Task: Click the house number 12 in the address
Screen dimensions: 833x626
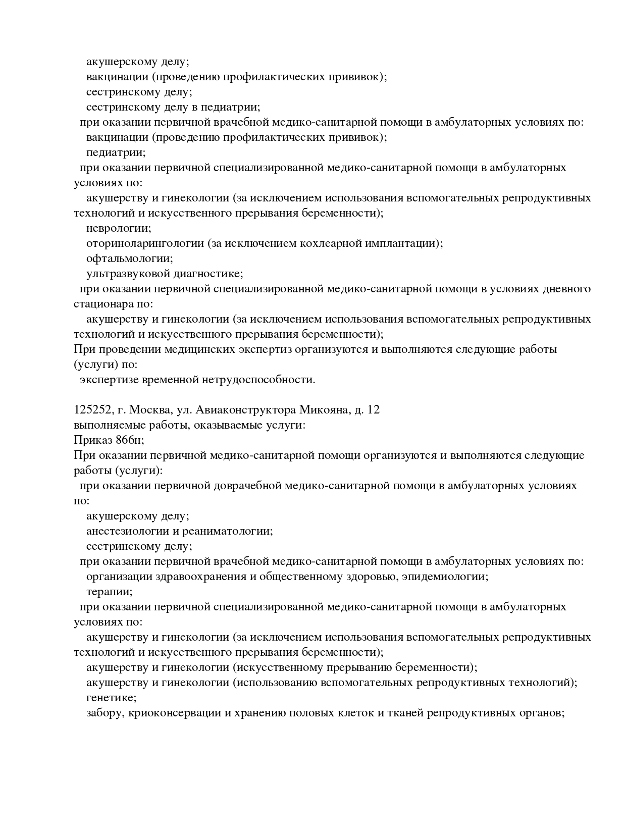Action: pyautogui.click(x=373, y=410)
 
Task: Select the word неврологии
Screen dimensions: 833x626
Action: pyautogui.click(x=118, y=228)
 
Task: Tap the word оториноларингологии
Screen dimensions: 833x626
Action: pyautogui.click(x=144, y=243)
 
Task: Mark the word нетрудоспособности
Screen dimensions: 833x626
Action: pyautogui.click(x=258, y=380)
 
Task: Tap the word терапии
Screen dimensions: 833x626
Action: pyautogui.click(x=109, y=592)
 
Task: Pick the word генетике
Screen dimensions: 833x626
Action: pyautogui.click(x=111, y=698)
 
